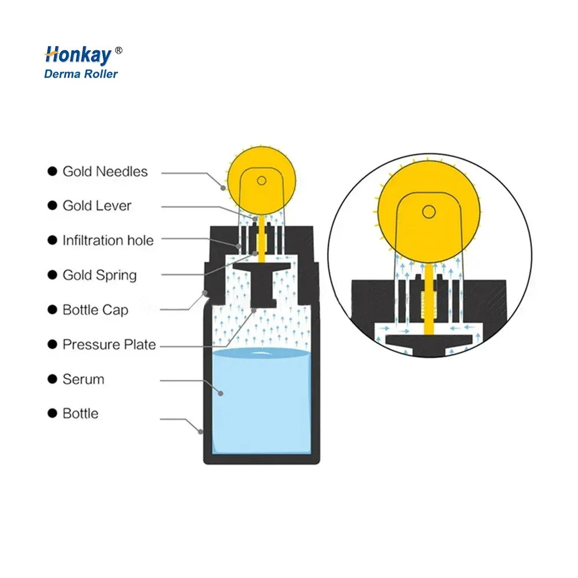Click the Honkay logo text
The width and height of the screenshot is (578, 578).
(77, 55)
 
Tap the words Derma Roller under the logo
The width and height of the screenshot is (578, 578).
(81, 74)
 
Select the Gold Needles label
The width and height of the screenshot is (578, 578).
(105, 172)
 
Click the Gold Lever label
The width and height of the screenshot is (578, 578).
(97, 206)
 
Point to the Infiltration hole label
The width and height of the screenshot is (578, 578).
(108, 240)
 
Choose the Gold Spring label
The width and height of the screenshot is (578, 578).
(99, 275)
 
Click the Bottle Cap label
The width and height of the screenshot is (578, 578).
(95, 310)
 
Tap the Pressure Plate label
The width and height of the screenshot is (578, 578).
(109, 345)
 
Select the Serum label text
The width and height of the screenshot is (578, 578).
(83, 380)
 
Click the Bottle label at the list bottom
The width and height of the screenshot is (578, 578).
(80, 414)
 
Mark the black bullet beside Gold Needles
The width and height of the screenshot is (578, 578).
(53, 172)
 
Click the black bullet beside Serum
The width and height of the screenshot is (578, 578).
(53, 380)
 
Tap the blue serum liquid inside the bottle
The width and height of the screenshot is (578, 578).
(261, 405)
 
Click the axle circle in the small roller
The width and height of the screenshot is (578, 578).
(261, 180)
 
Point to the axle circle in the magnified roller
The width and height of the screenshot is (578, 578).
(428, 212)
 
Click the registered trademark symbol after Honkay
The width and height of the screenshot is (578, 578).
(118, 51)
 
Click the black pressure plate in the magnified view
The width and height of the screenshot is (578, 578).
(428, 341)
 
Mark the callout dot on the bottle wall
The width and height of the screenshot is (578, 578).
(201, 431)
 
